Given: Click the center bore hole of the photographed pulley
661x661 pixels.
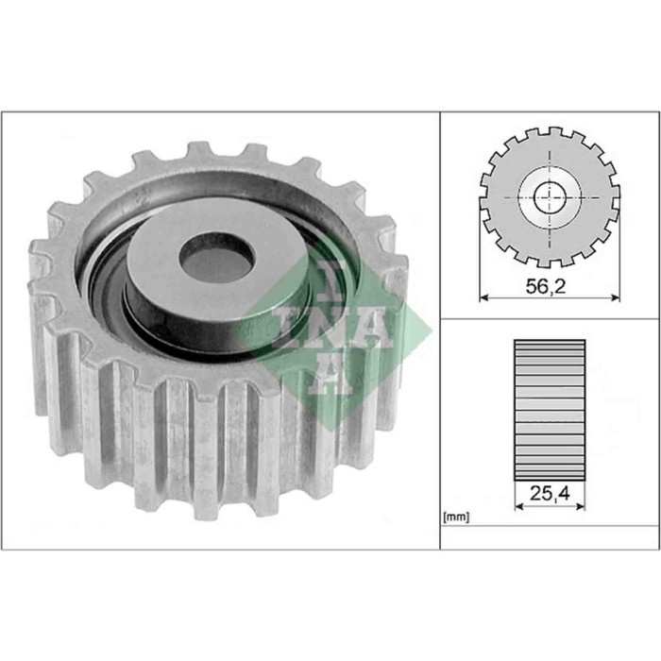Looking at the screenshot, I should coord(216,258).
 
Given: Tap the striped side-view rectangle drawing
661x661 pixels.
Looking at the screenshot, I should coord(550,406).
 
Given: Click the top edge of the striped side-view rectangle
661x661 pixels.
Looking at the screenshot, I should coord(550,340).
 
